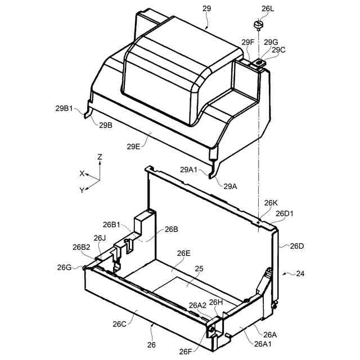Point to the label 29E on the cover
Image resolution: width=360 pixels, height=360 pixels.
(x=134, y=146)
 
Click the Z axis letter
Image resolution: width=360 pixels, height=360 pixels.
(x=100, y=157)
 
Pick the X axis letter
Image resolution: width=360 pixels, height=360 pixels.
(x=82, y=173)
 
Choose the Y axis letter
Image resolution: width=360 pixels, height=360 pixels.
(x=82, y=190)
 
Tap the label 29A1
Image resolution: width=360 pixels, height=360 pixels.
(x=190, y=169)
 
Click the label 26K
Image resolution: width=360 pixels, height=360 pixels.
(x=271, y=202)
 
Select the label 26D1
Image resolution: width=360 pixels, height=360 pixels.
(x=285, y=214)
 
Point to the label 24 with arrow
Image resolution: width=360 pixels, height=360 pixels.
(x=300, y=274)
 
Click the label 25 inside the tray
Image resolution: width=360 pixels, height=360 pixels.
(x=199, y=269)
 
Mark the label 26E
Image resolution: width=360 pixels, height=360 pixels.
(x=184, y=254)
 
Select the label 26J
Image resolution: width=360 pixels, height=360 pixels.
(x=100, y=238)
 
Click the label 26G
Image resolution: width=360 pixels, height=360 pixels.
(x=64, y=267)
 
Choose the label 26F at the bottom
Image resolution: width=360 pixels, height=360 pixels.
(x=186, y=352)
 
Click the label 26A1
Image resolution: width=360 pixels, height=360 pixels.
(x=264, y=344)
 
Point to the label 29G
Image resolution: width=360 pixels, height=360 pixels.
(x=271, y=42)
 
